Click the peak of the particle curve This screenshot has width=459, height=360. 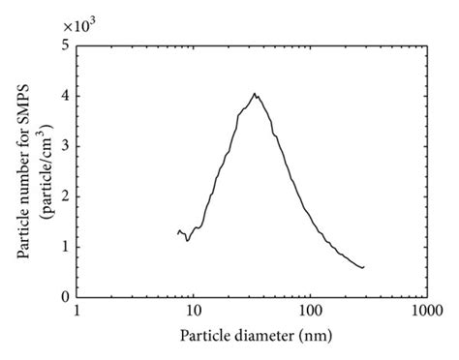(x=255, y=94)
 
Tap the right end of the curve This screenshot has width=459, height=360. (x=364, y=267)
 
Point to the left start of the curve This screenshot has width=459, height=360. (x=178, y=232)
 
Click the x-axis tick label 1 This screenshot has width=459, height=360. (x=76, y=313)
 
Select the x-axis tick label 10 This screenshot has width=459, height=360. (x=193, y=313)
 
